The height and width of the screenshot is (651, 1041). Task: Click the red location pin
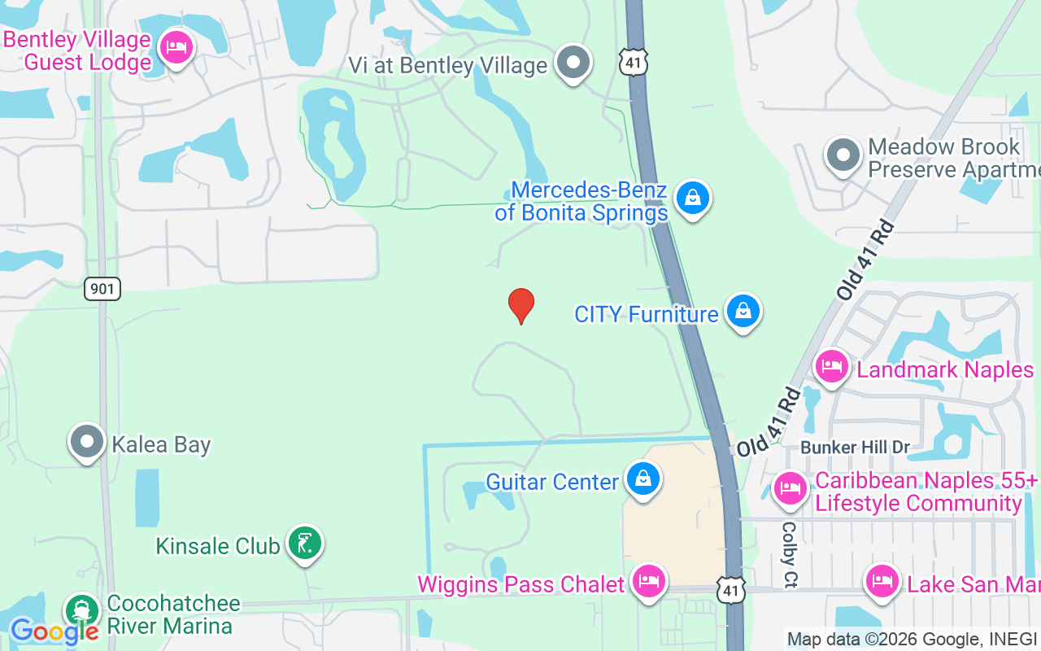pyautogui.click(x=521, y=306)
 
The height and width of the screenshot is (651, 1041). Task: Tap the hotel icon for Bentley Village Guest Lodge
pyautogui.click(x=176, y=47)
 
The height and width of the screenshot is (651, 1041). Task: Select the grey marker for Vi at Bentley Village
pyautogui.click(x=574, y=63)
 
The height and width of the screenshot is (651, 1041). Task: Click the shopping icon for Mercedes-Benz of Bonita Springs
pyautogui.click(x=692, y=198)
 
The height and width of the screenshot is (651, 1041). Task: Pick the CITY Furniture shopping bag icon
pyautogui.click(x=743, y=312)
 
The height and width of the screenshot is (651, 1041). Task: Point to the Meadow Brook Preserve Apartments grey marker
pyautogui.click(x=843, y=155)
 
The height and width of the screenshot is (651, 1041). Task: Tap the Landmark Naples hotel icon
pyautogui.click(x=831, y=367)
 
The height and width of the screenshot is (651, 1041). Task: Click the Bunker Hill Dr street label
pyautogui.click(x=855, y=448)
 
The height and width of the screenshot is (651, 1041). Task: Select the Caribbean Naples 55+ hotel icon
pyautogui.click(x=789, y=489)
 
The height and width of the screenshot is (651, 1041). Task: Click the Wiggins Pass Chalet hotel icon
pyautogui.click(x=648, y=582)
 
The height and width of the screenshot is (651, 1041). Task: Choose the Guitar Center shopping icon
pyautogui.click(x=643, y=479)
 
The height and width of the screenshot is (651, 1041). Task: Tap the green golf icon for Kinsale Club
pyautogui.click(x=304, y=544)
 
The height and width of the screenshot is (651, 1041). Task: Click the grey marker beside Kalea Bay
pyautogui.click(x=87, y=442)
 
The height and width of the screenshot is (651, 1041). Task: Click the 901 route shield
pyautogui.click(x=102, y=288)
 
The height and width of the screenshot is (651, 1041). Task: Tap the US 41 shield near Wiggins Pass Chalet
pyautogui.click(x=731, y=590)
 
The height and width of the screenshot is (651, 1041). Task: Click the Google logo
pyautogui.click(x=54, y=631)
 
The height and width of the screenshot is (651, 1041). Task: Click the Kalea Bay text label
pyautogui.click(x=161, y=445)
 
